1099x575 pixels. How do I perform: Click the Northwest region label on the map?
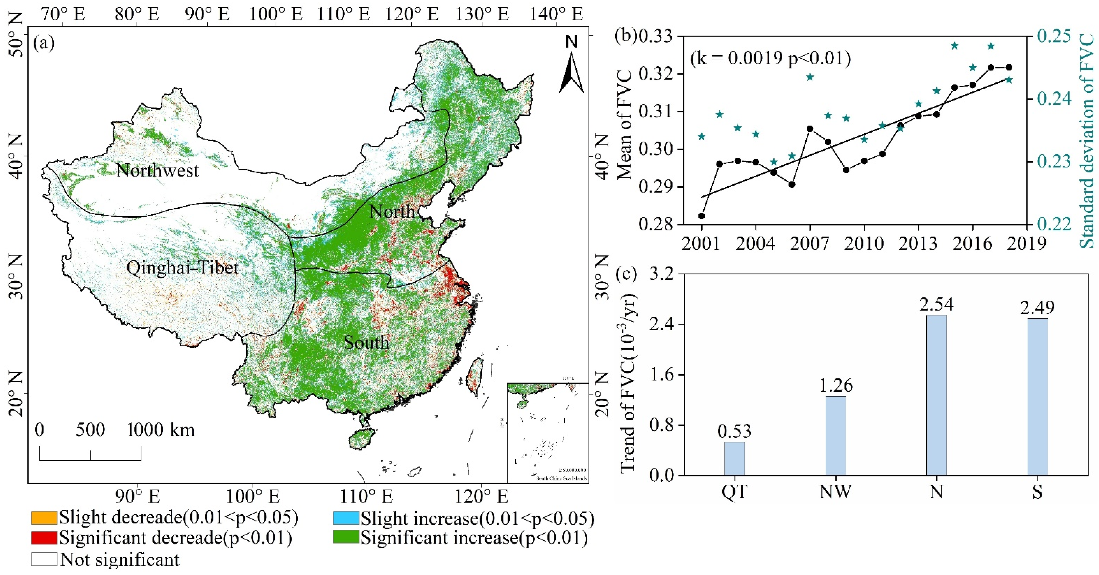[157, 171]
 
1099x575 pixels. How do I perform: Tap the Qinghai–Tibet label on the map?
[183, 268]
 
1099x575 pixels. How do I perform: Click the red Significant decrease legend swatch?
[44, 538]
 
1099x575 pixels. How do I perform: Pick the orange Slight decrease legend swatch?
[44, 517]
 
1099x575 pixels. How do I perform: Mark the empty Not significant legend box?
[44, 559]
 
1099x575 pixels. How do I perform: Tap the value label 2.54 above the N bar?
[937, 305]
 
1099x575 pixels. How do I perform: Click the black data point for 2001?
[701, 216]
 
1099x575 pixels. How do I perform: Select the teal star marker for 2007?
[810, 77]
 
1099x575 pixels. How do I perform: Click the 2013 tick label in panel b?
[919, 244]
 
